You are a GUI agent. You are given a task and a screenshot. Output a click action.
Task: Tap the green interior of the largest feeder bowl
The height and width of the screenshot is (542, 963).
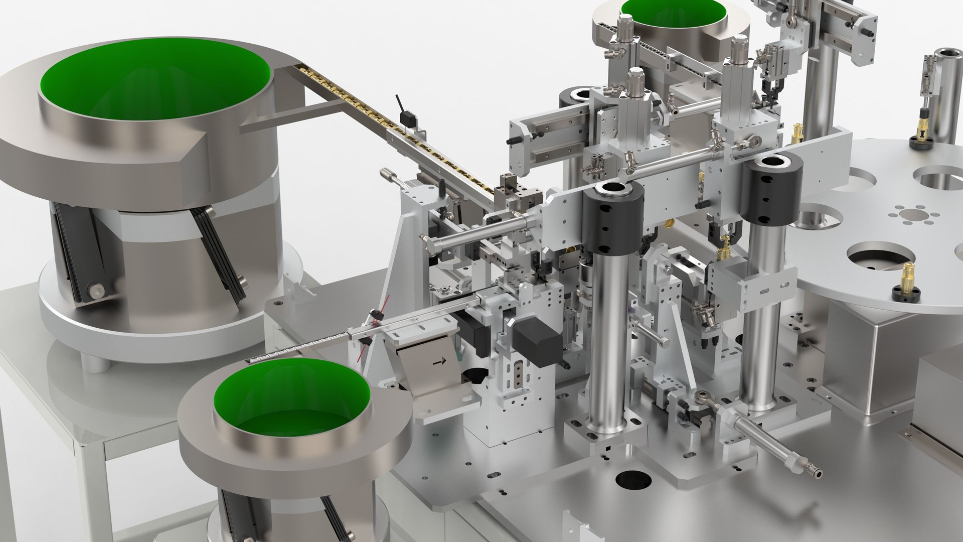[x=155, y=80]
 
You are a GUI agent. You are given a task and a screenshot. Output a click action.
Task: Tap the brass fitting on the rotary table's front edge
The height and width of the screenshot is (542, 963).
[x=907, y=279]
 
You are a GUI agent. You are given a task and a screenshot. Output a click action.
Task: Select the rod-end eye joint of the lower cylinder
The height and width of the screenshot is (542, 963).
[x=702, y=399]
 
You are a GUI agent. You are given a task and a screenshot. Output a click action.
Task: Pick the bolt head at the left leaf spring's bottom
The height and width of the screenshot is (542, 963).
[x=95, y=290]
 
